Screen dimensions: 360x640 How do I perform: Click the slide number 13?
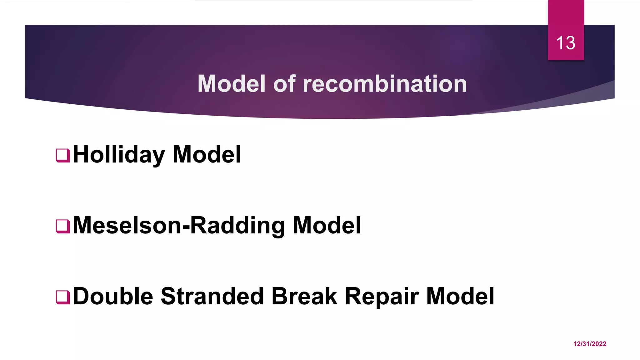click(x=566, y=43)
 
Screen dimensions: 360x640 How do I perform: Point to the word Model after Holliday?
click(x=207, y=155)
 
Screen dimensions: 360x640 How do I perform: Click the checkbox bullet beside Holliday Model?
click(x=62, y=155)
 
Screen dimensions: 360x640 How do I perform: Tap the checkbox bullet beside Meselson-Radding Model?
click(x=62, y=226)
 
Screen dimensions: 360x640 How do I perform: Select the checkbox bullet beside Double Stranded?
click(x=62, y=297)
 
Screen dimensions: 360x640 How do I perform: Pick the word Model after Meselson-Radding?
click(x=327, y=226)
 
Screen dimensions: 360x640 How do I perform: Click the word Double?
click(x=113, y=296)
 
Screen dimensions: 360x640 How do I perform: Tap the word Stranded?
click(x=212, y=296)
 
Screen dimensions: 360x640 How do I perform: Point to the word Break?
click(x=304, y=296)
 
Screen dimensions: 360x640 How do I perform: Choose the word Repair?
click(x=382, y=296)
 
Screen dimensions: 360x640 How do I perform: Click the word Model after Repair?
click(x=460, y=296)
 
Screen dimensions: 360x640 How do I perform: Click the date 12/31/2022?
click(x=590, y=344)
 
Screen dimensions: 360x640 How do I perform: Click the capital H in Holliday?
click(x=81, y=155)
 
